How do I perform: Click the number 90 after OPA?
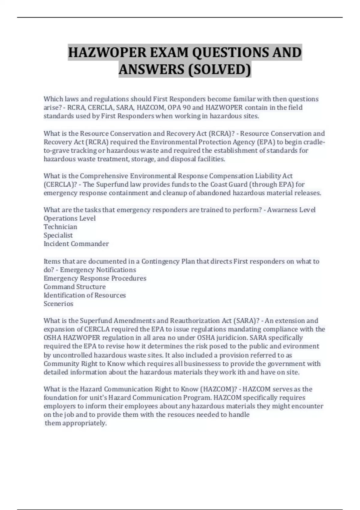pyautogui.click(x=186, y=107)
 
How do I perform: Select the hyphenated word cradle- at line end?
pyautogui.click(x=314, y=142)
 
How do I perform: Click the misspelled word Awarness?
pyautogui.click(x=281, y=210)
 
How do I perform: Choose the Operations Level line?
pyautogui.click(x=70, y=218)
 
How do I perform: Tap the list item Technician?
pyautogui.click(x=60, y=226)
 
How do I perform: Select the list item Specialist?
pyautogui.click(x=58, y=235)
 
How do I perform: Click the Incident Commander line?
pyautogui.click(x=76, y=244)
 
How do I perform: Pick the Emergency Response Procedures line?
pyautogui.click(x=95, y=278)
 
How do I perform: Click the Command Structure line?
pyautogui.click(x=74, y=286)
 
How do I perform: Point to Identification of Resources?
pyautogui.click(x=85, y=295)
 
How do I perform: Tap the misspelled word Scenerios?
pyautogui.click(x=58, y=304)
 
